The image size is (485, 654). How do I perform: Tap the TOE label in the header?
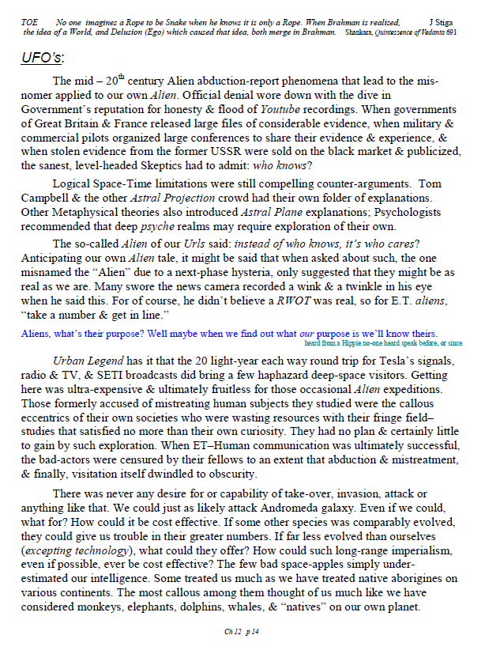tap(28, 23)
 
